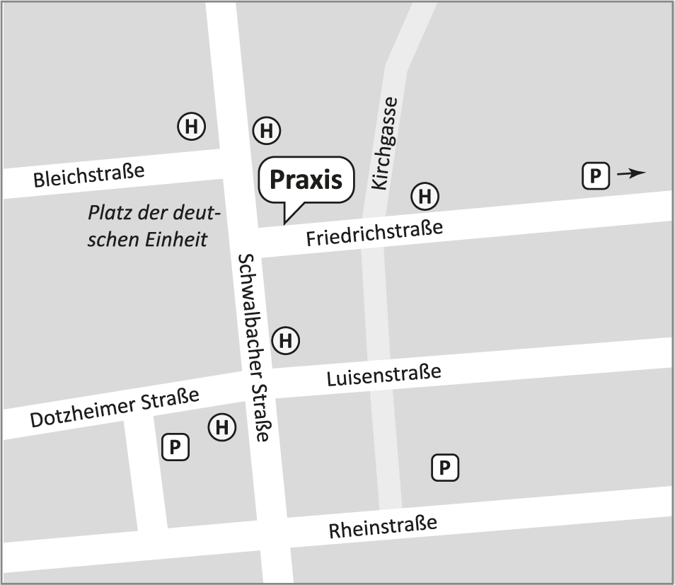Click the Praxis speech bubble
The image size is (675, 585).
306,180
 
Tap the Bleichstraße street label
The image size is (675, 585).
89,175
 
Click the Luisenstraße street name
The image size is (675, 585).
383,375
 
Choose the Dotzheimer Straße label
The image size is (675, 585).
115,408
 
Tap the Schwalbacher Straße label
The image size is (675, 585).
254,347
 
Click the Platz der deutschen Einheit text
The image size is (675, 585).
154,226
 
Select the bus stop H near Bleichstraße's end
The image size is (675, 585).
190,127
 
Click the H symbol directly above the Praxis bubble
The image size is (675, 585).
267,130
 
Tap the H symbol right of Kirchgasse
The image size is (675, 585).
425,196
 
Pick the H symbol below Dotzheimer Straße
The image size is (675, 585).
221,427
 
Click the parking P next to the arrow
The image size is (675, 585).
595,175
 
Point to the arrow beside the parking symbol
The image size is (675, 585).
630,173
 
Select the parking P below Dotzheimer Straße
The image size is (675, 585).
175,447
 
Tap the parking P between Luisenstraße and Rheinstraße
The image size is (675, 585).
444,467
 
